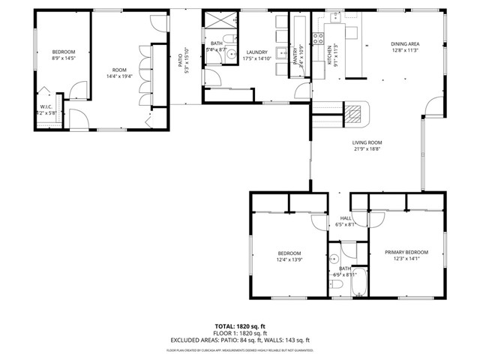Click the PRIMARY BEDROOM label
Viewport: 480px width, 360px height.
click(406, 253)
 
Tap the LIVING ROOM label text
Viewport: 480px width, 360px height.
click(367, 142)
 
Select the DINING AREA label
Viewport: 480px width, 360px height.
click(405, 44)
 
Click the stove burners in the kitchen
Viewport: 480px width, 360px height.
click(317, 38)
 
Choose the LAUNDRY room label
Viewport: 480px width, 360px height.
click(256, 52)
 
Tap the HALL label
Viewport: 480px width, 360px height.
click(346, 218)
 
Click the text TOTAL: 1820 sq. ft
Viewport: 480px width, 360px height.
click(240, 326)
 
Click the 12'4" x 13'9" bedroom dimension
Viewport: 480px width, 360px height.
click(289, 259)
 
